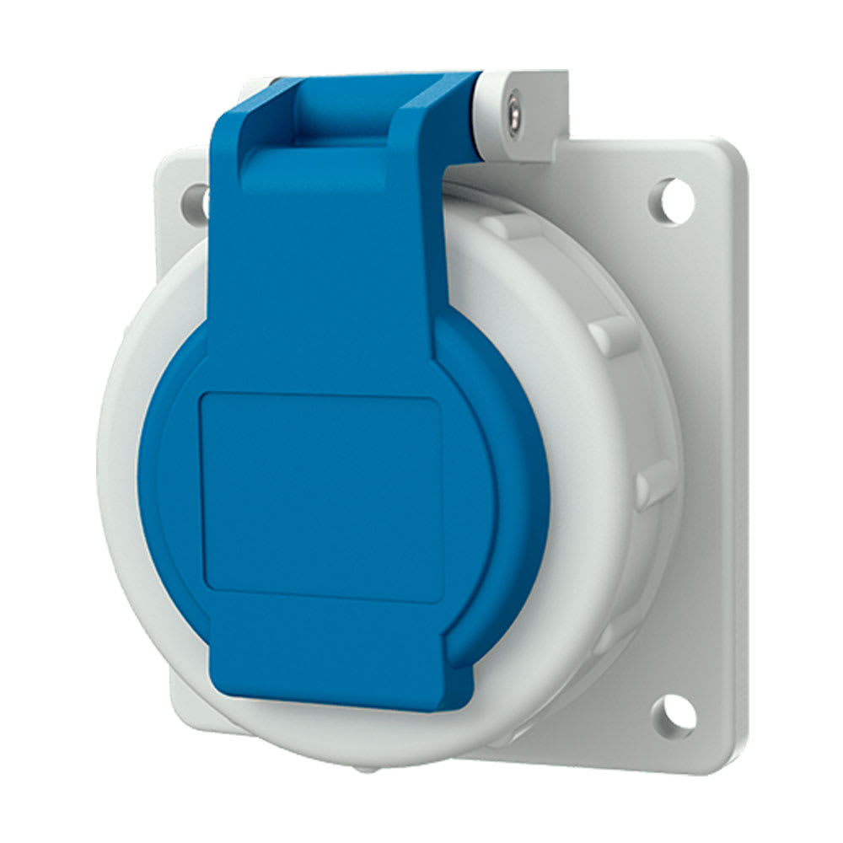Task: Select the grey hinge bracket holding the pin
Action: (x=531, y=118)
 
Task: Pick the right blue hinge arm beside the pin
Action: (x=438, y=118)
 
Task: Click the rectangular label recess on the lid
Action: (x=320, y=497)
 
